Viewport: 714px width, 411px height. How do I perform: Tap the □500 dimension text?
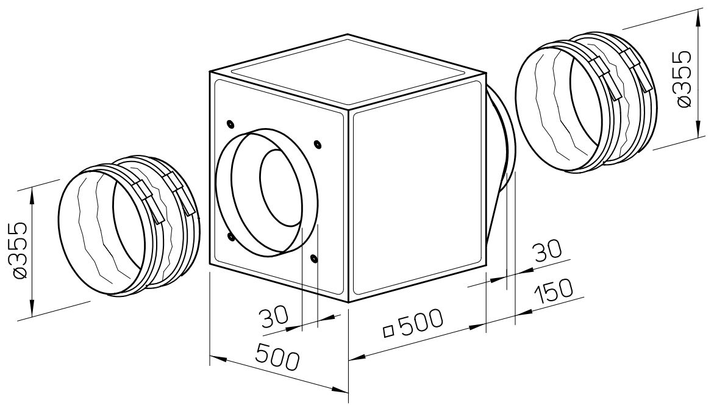413,324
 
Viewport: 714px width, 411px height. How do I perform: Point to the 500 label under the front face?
278,356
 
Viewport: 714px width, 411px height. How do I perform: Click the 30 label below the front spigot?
275,316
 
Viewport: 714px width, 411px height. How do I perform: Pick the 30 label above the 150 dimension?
548,252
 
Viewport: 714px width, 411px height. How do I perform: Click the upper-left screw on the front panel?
229,123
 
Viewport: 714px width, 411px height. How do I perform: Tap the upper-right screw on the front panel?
317,145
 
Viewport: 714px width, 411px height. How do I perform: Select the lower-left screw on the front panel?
230,237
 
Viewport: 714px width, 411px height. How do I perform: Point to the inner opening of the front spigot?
280,188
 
